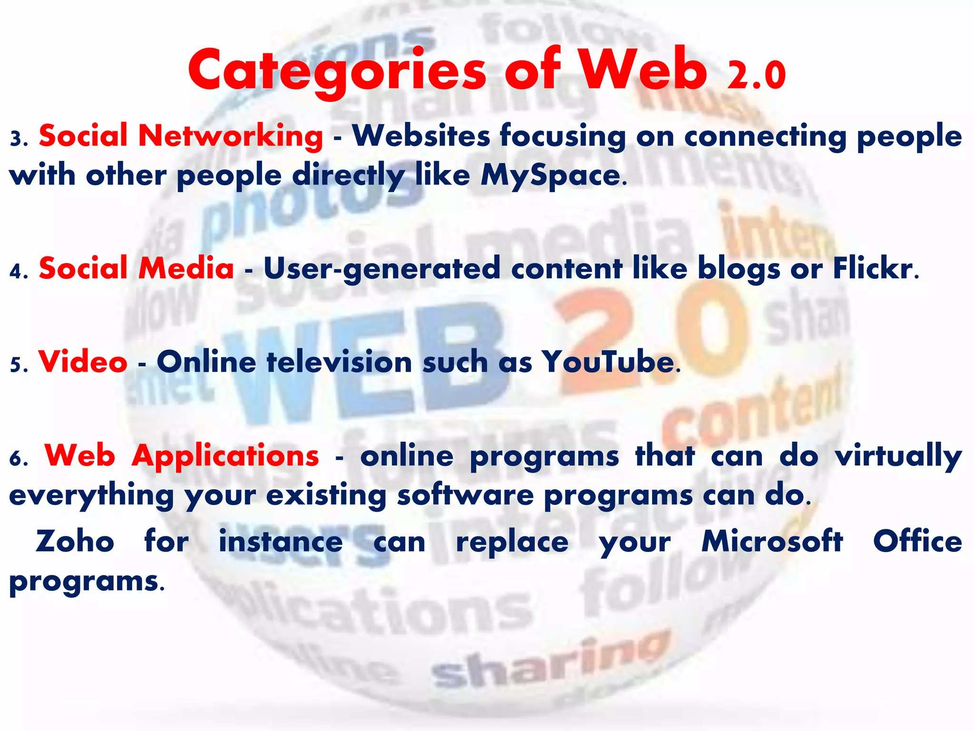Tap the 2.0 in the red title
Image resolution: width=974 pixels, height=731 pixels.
(756, 75)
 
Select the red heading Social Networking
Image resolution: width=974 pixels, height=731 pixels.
(181, 136)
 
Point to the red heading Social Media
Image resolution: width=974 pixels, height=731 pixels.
(136, 268)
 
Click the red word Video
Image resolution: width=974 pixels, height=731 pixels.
(83, 362)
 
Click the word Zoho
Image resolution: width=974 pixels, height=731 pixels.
(75, 542)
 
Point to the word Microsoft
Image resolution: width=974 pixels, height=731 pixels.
(772, 542)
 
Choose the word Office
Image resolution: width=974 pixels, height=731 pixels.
(917, 542)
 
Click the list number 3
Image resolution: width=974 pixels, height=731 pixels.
(15, 138)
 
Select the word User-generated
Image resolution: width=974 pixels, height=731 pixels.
(382, 269)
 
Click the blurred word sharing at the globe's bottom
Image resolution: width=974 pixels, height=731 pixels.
(547, 662)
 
